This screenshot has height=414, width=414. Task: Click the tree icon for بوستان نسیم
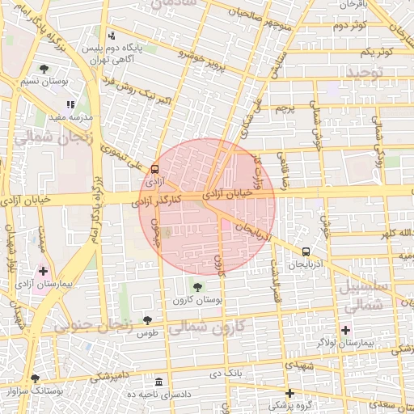pyautogui.click(x=44, y=69)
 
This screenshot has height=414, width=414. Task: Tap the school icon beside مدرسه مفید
pyautogui.click(x=71, y=104)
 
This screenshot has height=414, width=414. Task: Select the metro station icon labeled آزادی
pyautogui.click(x=154, y=168)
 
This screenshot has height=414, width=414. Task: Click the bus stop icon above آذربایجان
pyautogui.click(x=306, y=251)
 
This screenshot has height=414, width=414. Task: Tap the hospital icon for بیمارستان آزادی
pyautogui.click(x=43, y=270)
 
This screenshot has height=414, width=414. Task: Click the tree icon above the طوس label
pyautogui.click(x=146, y=320)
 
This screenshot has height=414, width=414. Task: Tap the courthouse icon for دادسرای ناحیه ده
pyautogui.click(x=158, y=381)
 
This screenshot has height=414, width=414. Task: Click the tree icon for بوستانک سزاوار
pyautogui.click(x=34, y=378)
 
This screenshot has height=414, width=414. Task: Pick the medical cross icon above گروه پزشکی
pyautogui.click(x=289, y=392)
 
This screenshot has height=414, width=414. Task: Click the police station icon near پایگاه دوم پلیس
pyautogui.click(x=112, y=36)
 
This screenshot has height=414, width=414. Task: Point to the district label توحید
pyautogui.click(x=368, y=73)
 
